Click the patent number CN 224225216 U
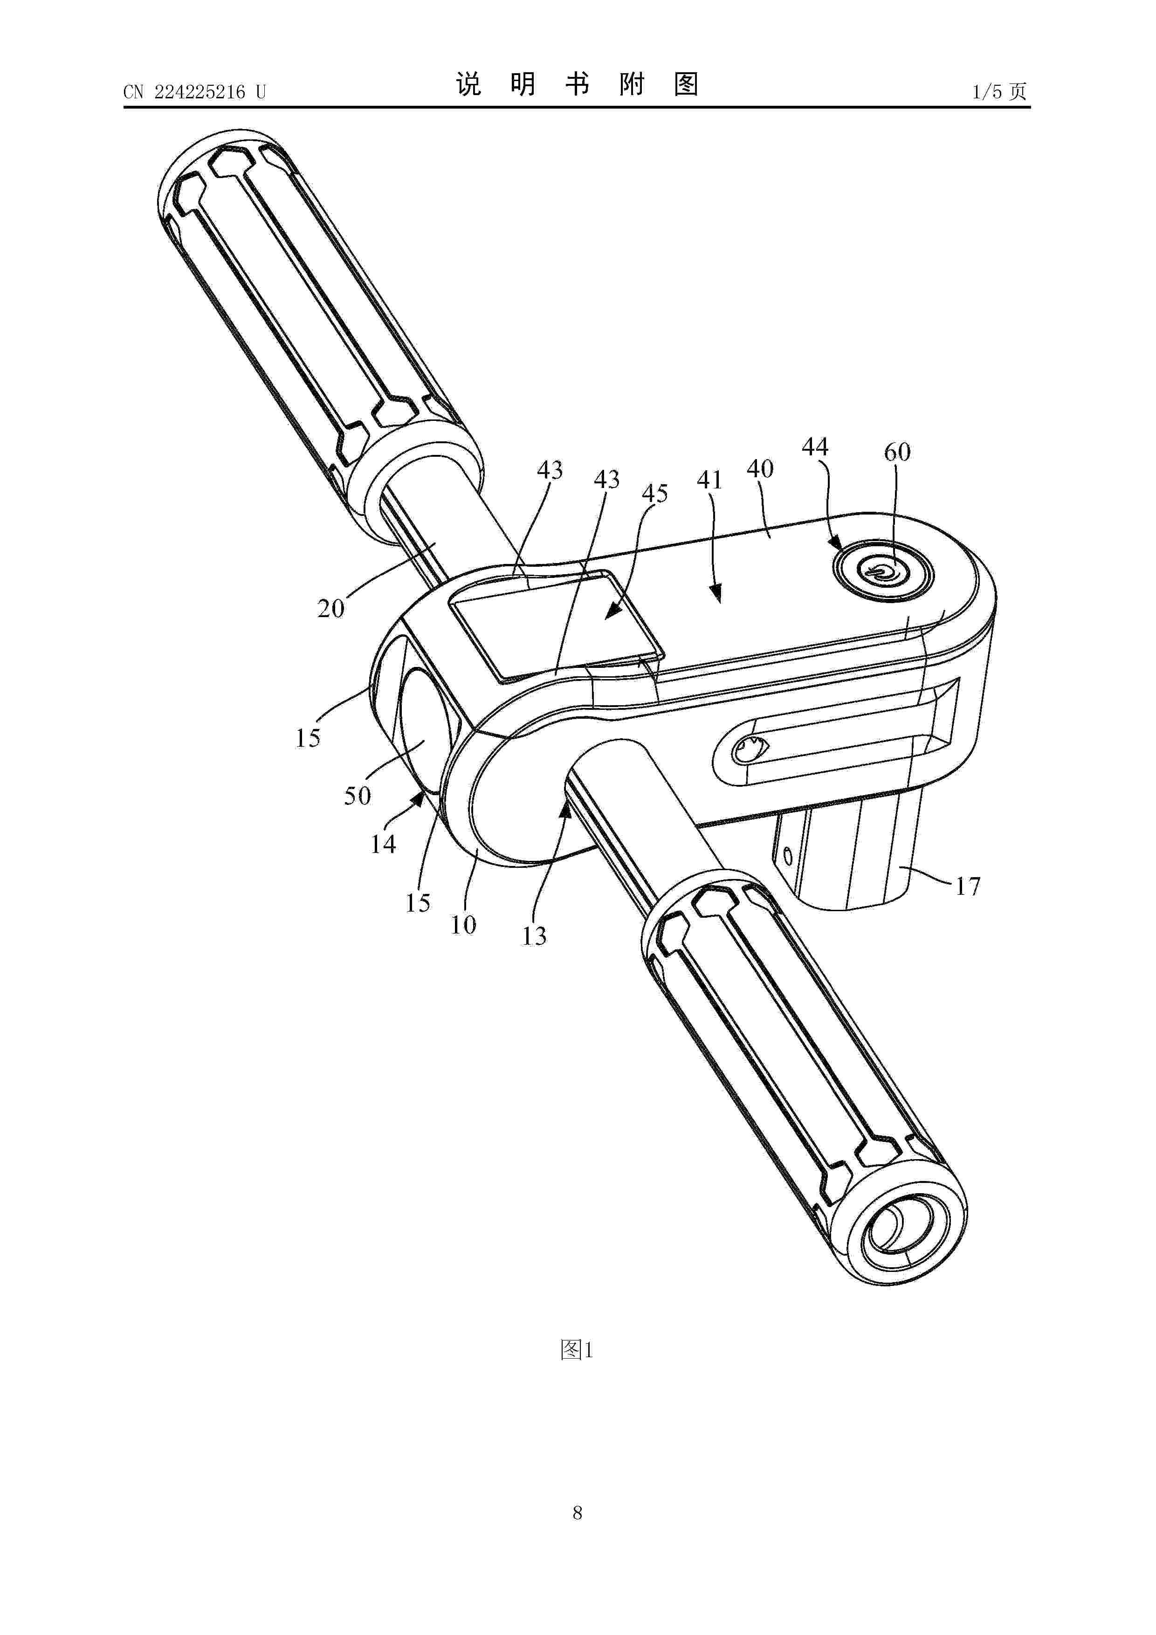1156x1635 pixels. [194, 92]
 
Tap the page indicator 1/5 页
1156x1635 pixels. [999, 91]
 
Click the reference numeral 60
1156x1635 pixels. [897, 452]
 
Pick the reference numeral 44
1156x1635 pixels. [815, 447]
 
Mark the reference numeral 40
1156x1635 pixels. [760, 468]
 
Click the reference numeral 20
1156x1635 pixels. [330, 608]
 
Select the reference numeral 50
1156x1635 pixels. [358, 796]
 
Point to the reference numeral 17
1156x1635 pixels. [967, 886]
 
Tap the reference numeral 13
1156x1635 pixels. [534, 936]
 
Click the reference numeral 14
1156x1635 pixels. [383, 844]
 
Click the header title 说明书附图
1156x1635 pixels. [577, 85]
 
